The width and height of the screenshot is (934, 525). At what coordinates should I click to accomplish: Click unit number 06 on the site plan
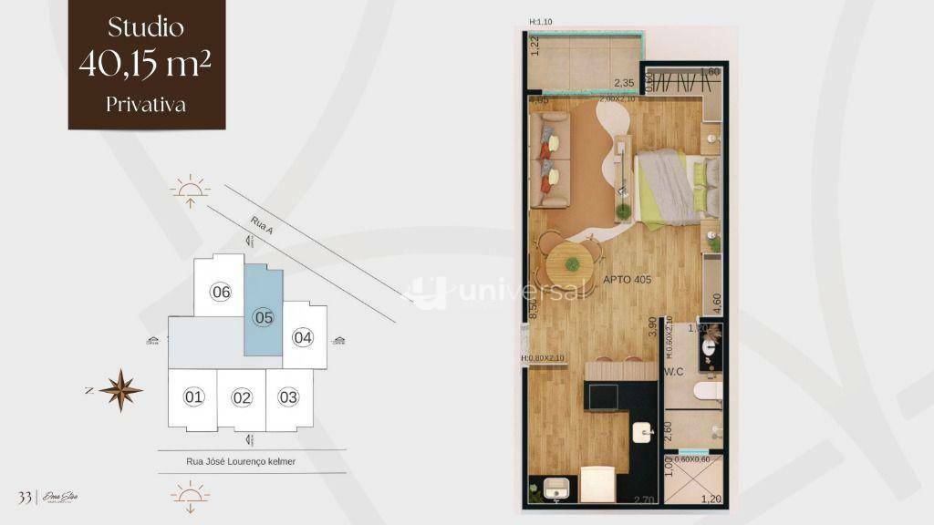[220, 293]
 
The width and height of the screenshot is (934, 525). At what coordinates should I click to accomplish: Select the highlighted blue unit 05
[264, 317]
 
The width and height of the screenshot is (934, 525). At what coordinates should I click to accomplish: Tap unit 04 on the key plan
[303, 337]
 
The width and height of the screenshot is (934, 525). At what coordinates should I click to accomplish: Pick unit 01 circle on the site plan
[193, 397]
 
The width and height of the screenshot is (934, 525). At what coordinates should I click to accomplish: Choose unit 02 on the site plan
[242, 397]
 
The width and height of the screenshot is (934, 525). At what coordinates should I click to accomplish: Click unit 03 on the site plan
[288, 397]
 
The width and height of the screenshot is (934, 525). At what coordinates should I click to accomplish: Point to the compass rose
[120, 390]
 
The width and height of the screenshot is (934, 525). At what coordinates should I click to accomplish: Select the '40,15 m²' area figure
[146, 64]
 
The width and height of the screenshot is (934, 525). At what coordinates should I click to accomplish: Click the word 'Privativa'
[146, 104]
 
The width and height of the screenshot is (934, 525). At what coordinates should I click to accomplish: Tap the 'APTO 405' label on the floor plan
[627, 280]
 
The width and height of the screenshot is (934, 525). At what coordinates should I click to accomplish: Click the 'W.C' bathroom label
[674, 372]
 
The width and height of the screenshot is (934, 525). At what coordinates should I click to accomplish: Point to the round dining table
[571, 264]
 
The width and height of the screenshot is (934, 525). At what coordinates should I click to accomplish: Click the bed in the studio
[673, 186]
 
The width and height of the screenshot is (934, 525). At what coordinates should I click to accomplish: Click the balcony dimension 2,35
[624, 81]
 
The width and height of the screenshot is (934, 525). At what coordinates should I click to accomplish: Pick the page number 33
[25, 497]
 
